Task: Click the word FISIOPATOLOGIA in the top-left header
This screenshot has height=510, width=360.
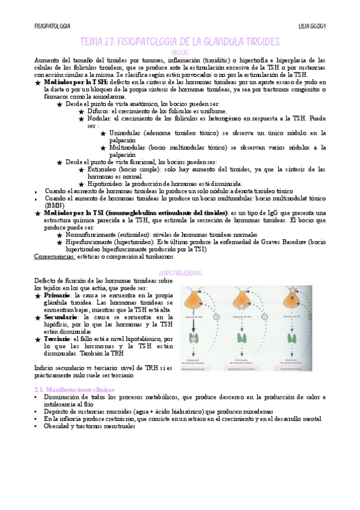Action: pyautogui.click(x=52, y=26)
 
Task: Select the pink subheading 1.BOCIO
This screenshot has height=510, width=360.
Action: pyautogui.click(x=180, y=52)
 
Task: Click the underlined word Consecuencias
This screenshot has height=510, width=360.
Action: pyautogui.click(x=55, y=256)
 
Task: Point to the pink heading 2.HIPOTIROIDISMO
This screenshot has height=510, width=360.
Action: pyautogui.click(x=180, y=272)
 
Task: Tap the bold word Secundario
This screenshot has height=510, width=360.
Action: pyautogui.click(x=61, y=316)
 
